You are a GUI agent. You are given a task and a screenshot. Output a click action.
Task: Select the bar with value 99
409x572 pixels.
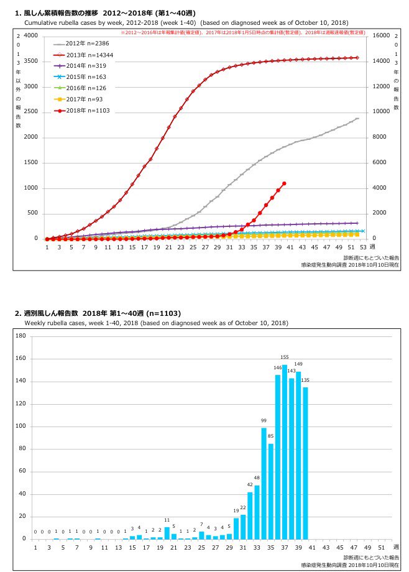click(264, 483)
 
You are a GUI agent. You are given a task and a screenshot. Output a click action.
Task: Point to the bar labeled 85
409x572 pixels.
click(270, 491)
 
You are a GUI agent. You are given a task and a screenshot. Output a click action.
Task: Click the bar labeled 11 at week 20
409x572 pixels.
click(167, 533)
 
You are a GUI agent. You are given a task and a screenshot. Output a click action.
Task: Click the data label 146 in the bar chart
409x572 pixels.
click(278, 368)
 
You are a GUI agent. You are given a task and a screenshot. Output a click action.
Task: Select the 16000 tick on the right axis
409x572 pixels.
click(380, 36)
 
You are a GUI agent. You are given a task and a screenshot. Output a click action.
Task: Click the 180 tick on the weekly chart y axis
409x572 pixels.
click(21, 336)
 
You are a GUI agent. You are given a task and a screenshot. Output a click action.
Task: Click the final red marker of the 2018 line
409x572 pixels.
click(284, 183)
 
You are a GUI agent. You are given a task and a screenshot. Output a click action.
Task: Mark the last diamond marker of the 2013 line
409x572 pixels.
click(357, 58)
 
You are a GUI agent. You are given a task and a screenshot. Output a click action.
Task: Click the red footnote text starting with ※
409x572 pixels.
click(242, 30)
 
